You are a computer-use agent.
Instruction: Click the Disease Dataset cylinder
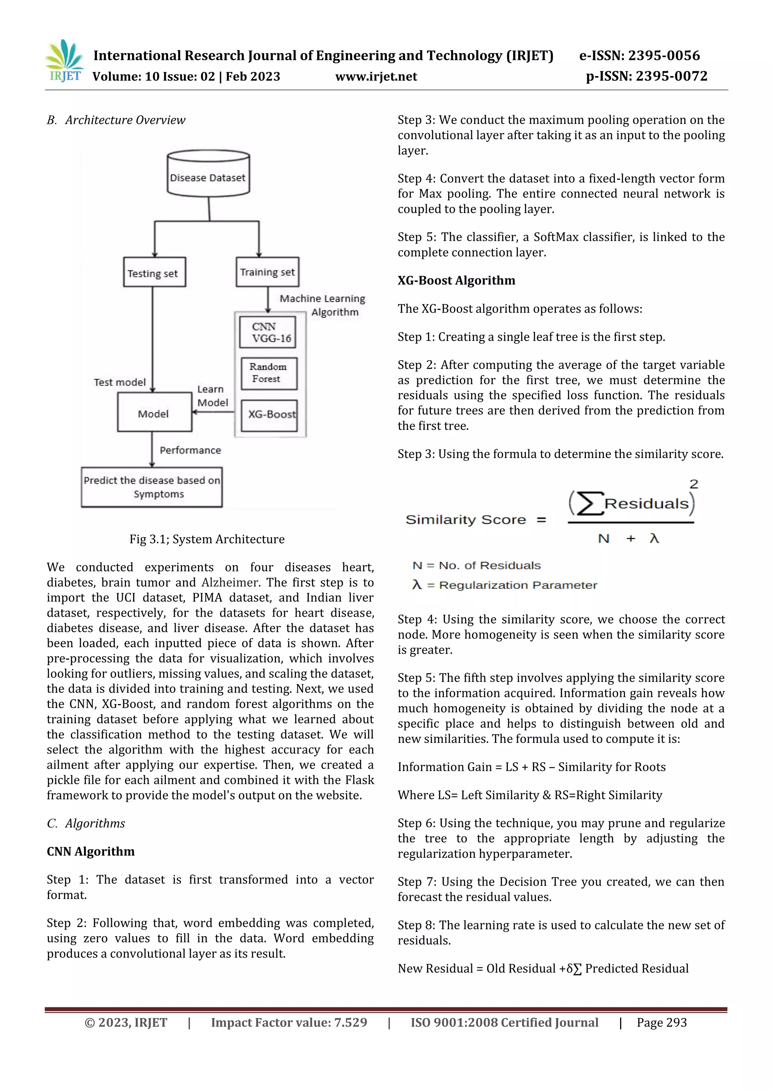(x=208, y=175)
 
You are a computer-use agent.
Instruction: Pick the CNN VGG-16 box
(x=268, y=332)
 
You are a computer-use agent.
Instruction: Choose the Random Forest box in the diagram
(x=269, y=373)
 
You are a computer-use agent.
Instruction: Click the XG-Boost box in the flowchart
(x=269, y=415)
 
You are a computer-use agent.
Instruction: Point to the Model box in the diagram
(x=154, y=413)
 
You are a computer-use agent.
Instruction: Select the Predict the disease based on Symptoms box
(x=152, y=487)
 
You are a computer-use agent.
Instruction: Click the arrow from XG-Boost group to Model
(x=213, y=412)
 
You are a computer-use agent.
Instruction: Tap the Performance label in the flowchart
(x=190, y=450)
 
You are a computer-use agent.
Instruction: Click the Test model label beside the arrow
(x=119, y=382)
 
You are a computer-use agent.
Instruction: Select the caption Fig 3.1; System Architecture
(x=207, y=539)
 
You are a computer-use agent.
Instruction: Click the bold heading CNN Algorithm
(x=90, y=851)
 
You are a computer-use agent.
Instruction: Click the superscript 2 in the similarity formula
(x=694, y=484)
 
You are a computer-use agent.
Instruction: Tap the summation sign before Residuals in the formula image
(x=588, y=504)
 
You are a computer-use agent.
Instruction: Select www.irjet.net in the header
(x=376, y=76)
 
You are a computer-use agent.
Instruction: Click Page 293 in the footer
(x=662, y=1022)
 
